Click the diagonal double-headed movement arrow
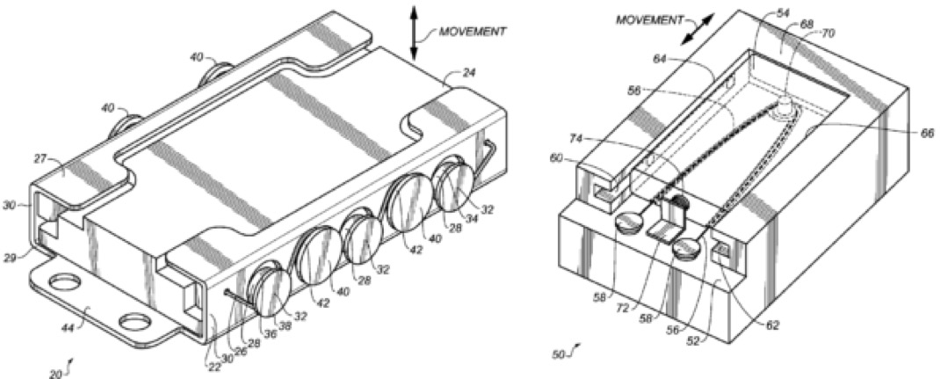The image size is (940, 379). [699, 28]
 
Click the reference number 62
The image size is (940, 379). [773, 325]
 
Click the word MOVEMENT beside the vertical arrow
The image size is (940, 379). [473, 31]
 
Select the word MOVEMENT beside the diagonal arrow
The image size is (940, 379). [650, 20]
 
